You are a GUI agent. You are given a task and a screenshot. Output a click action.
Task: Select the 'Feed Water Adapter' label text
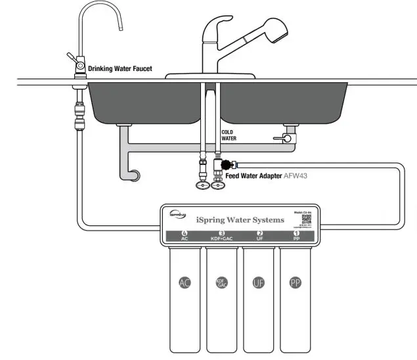point(253,177)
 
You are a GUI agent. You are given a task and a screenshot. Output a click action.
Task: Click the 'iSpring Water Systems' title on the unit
point(240,219)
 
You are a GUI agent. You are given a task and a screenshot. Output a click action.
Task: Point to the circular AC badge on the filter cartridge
point(185,283)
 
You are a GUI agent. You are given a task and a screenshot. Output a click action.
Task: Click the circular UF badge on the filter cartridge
point(259,283)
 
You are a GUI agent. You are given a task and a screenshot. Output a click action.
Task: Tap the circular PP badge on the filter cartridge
point(296,283)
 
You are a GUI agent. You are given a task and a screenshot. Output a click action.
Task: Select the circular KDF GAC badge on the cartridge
point(222,283)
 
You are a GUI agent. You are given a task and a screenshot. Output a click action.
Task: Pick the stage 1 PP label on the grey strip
point(296,236)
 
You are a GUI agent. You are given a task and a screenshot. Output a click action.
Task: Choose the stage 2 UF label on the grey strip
point(259,236)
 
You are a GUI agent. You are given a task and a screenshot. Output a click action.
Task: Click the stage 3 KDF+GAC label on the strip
point(222,236)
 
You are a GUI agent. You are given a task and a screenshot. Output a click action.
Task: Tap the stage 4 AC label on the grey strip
point(185,236)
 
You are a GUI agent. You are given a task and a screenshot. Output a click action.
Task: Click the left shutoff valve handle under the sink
point(202,186)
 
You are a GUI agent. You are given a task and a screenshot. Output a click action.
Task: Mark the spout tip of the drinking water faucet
point(121,28)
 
